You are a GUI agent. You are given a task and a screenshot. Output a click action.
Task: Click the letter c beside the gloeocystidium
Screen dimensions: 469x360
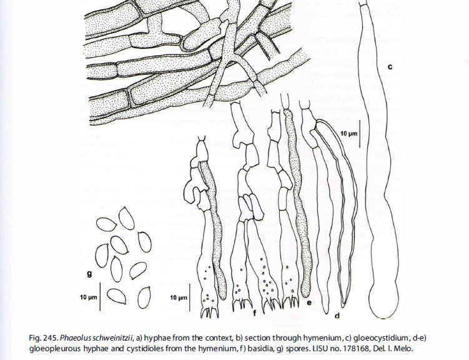[x=390, y=67]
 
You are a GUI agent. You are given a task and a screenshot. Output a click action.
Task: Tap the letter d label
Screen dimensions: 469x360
[x=337, y=315]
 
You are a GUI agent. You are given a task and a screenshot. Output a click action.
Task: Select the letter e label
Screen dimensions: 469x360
[x=309, y=302]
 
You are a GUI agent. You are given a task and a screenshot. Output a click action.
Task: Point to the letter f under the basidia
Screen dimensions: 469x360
[x=255, y=312]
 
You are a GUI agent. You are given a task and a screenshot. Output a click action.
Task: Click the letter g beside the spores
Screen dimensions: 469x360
[x=89, y=273]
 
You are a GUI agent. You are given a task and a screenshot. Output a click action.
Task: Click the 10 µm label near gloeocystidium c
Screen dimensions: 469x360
[x=349, y=133]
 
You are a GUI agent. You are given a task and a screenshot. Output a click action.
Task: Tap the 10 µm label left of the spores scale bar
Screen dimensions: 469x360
[x=89, y=297]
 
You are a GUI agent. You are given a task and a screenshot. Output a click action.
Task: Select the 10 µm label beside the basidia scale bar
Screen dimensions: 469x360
[x=179, y=297]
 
